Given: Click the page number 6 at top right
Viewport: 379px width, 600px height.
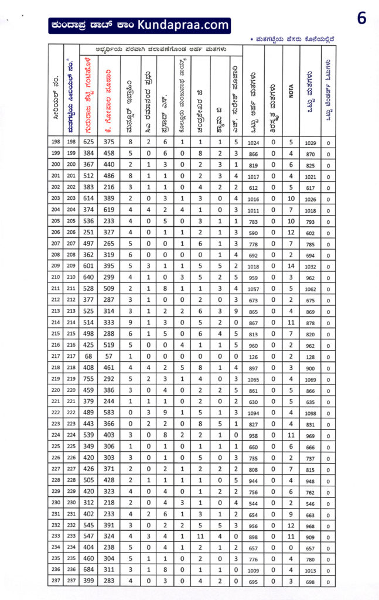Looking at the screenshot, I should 361,19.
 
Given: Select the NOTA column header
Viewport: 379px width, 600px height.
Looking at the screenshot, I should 291,92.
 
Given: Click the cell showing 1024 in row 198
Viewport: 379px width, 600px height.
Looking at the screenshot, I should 253,143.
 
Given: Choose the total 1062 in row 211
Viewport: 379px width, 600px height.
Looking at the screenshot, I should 310,289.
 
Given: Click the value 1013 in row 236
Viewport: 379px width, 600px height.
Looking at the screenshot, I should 310,570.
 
